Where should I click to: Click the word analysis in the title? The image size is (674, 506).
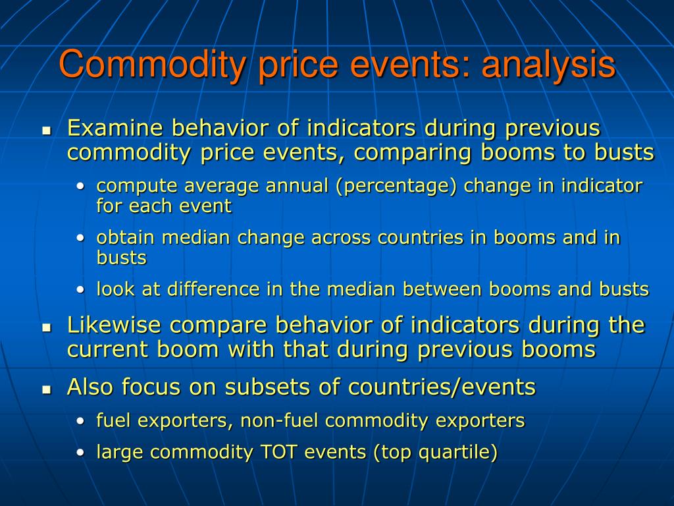tap(549, 65)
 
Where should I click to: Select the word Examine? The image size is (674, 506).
tap(115, 128)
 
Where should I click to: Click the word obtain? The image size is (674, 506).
tap(126, 237)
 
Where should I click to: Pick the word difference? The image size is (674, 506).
tap(213, 289)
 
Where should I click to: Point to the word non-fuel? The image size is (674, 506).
tap(278, 420)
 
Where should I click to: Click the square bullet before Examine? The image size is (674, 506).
tap(47, 130)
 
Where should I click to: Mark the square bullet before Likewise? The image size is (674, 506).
tap(47, 328)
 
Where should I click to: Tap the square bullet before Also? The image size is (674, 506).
tap(47, 390)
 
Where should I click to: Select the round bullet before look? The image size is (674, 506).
tap(80, 290)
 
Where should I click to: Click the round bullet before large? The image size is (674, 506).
tap(80, 453)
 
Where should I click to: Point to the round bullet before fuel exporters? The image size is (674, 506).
tap(80, 421)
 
